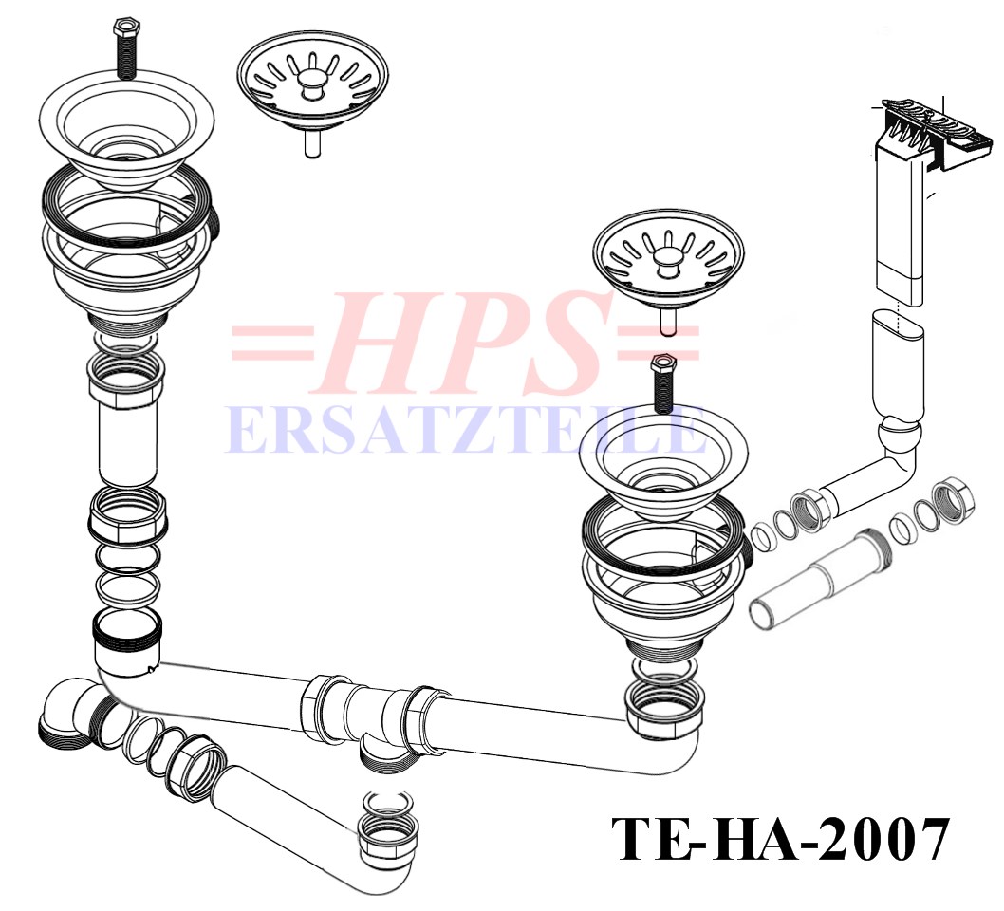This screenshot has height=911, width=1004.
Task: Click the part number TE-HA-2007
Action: point(779,839)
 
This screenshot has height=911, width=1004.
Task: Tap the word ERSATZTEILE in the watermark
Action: point(466,430)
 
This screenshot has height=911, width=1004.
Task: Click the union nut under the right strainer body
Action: point(664,707)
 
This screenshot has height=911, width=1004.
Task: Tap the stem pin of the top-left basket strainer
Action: point(312,144)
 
